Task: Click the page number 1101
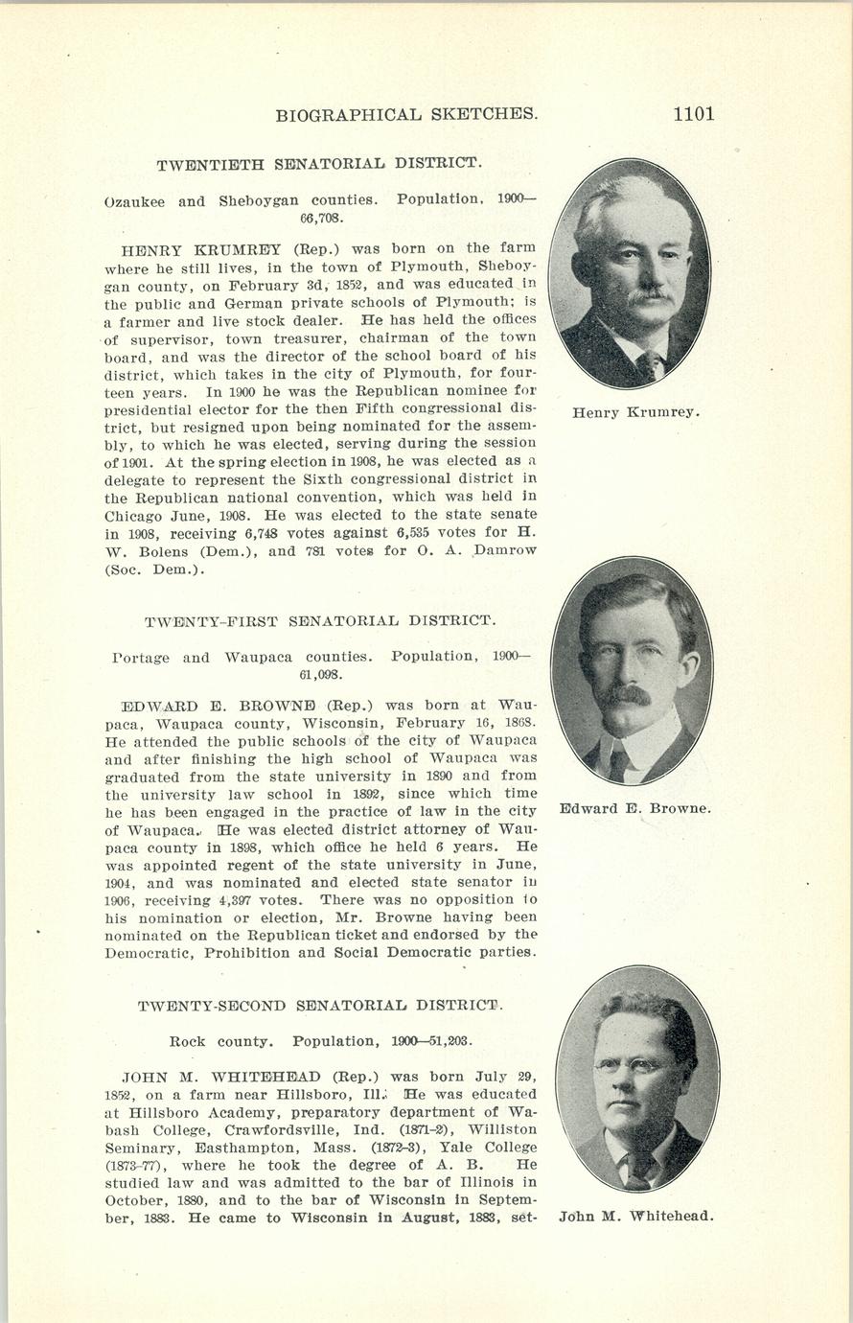(693, 114)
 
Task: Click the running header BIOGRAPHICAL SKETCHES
(406, 115)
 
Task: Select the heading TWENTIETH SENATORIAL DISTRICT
(318, 163)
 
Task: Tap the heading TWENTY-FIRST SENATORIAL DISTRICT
(320, 620)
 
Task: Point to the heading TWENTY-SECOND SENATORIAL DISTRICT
(320, 1006)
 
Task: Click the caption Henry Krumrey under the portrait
(635, 413)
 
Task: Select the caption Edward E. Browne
(635, 808)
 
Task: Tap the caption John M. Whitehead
(636, 1217)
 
